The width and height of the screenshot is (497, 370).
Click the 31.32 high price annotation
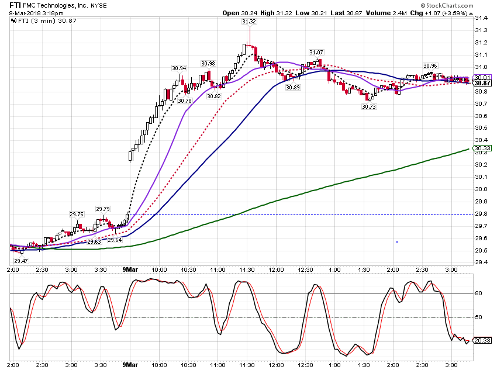click(x=249, y=22)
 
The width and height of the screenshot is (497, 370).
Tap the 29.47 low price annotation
click(x=21, y=261)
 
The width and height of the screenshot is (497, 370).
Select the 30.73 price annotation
click(x=369, y=107)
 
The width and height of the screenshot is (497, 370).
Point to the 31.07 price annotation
click(x=316, y=52)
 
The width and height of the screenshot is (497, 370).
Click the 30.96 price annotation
click(x=430, y=66)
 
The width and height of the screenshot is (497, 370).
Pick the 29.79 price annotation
click(x=103, y=209)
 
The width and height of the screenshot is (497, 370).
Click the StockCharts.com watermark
click(x=447, y=5)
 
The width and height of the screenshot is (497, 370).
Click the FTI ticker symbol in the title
click(x=15, y=5)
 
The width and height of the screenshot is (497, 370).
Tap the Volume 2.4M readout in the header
click(x=386, y=13)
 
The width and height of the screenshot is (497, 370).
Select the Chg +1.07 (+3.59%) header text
click(x=439, y=13)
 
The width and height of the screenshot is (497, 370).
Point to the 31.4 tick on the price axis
click(x=481, y=18)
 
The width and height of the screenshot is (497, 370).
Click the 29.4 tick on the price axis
click(x=481, y=262)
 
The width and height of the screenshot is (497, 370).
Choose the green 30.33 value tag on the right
click(x=482, y=148)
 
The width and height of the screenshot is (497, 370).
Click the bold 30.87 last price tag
click(x=482, y=83)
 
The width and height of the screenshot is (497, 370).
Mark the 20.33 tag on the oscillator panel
click(x=482, y=341)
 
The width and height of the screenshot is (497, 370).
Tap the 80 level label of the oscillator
click(x=479, y=293)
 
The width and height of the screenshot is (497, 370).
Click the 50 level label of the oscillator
click(x=479, y=317)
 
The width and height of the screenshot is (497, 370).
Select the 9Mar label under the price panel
click(x=130, y=269)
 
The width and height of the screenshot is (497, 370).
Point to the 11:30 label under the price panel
click(x=247, y=270)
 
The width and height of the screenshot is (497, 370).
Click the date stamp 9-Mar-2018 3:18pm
click(x=36, y=13)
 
